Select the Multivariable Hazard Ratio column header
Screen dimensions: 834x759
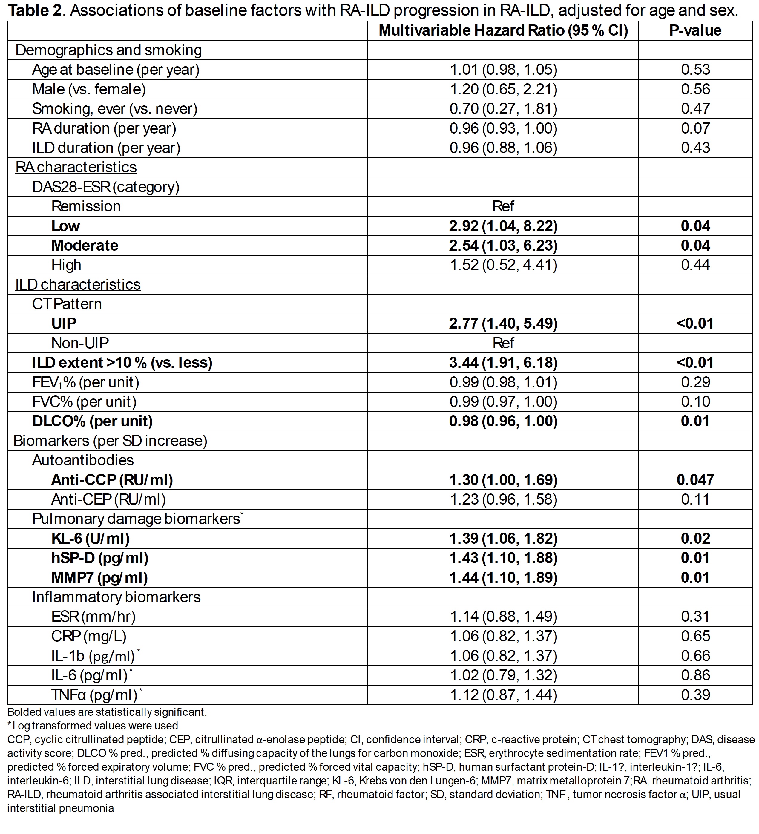[x=503, y=30]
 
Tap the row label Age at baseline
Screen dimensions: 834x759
[x=116, y=70]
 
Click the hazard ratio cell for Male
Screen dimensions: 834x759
[x=503, y=89]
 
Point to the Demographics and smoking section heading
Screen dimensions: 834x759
[x=108, y=50]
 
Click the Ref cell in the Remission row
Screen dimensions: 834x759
[x=503, y=206]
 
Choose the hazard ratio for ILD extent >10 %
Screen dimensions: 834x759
[x=503, y=363]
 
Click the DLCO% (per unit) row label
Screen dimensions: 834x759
[x=92, y=421]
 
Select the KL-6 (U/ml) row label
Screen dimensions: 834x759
[x=90, y=539]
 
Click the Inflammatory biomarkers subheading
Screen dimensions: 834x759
[x=116, y=597]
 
